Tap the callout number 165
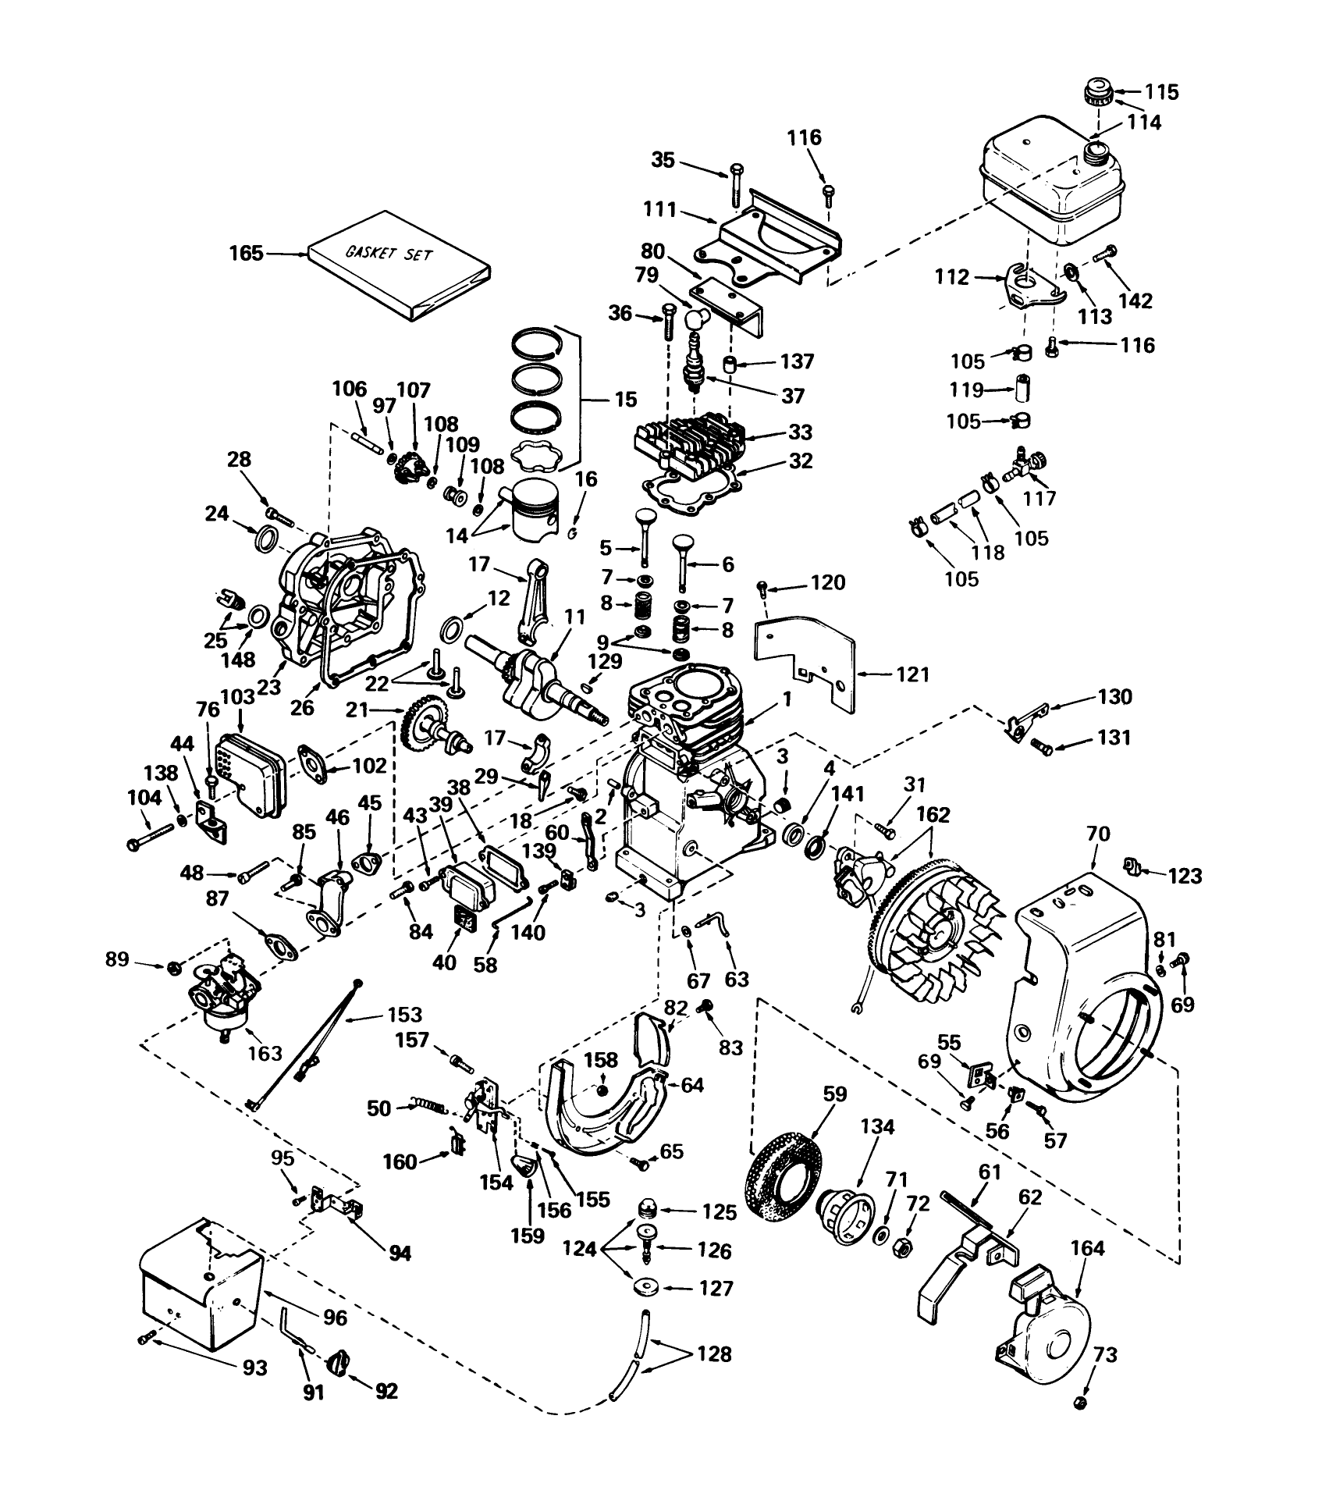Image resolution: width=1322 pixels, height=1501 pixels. point(246,254)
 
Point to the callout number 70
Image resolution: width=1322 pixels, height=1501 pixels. point(1096,834)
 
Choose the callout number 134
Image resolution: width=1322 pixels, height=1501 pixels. point(878,1127)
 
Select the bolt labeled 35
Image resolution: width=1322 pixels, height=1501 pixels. point(737,183)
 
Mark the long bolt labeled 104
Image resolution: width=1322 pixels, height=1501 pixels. point(155,838)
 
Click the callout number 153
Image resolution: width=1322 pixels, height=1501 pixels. point(405,1014)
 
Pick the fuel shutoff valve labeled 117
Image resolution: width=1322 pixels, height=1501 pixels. point(1025,464)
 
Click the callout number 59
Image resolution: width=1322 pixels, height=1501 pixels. point(834,1094)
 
